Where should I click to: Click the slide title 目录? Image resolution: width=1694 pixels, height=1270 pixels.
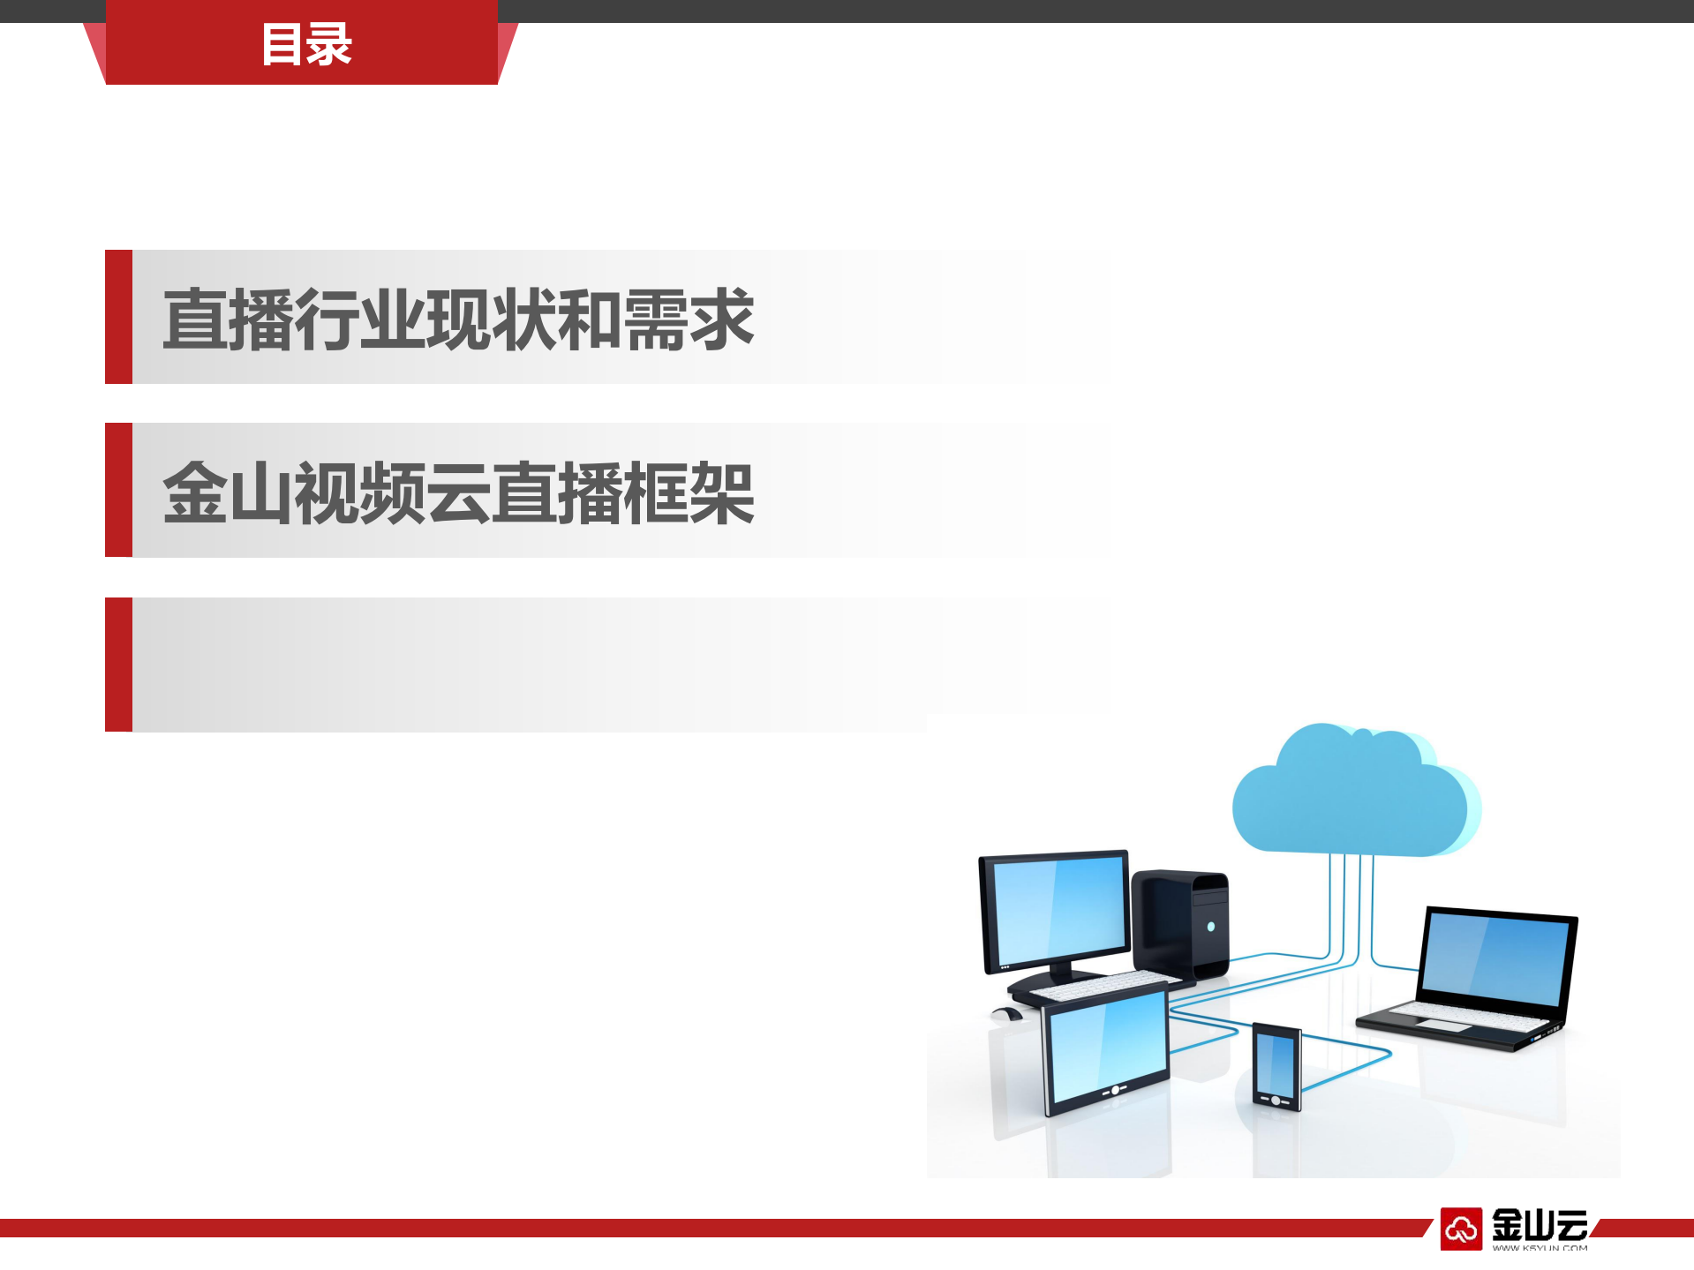[x=306, y=44]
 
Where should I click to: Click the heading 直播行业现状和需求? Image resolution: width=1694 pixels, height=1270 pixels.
[x=458, y=319]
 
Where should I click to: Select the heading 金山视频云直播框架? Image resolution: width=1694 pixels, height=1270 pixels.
[x=458, y=492]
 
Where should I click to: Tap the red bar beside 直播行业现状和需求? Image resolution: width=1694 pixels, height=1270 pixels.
[x=118, y=317]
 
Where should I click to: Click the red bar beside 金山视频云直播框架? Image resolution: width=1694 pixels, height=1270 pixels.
[x=118, y=490]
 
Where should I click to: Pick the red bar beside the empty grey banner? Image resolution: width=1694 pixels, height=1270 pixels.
[x=118, y=665]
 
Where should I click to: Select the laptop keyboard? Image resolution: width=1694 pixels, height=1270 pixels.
[x=1465, y=1017]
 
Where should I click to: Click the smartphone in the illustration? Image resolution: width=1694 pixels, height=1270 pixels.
[x=1276, y=1065]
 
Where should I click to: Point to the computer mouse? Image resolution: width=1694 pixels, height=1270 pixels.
[x=1005, y=1014]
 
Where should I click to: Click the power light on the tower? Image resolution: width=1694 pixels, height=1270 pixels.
[x=1211, y=927]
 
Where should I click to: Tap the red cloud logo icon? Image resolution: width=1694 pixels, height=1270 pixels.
[x=1461, y=1228]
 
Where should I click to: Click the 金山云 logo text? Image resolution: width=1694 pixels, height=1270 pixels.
[x=1540, y=1225]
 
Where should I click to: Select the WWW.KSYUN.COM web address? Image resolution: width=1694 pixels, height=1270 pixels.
[x=1540, y=1248]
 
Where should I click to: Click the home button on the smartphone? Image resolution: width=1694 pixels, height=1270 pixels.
[x=1275, y=1100]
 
